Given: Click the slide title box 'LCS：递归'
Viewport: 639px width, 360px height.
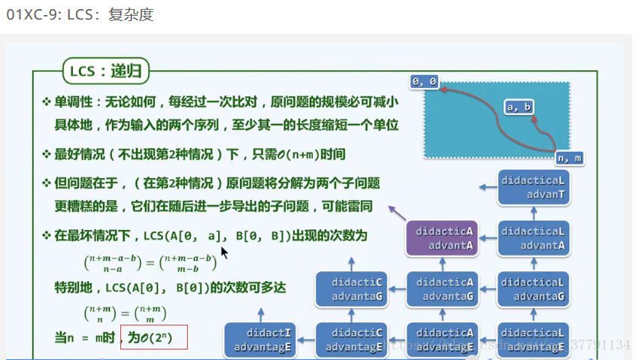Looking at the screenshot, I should click(x=106, y=71).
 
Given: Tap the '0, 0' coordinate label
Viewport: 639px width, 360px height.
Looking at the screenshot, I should click(x=424, y=81).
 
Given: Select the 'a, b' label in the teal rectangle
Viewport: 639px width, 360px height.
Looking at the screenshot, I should click(x=519, y=107).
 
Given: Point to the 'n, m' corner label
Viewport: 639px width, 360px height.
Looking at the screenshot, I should click(x=570, y=159).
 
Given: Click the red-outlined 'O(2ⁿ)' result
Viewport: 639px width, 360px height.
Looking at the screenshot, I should click(x=153, y=338).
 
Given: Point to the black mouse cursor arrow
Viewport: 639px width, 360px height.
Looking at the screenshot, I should click(x=224, y=252).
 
